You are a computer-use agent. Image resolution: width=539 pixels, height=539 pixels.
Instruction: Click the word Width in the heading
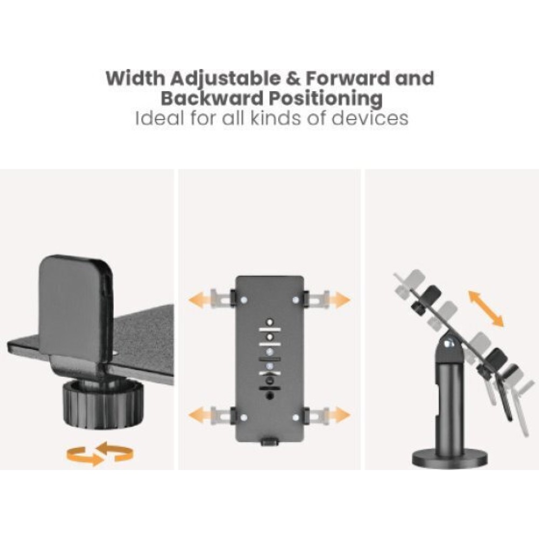pyautogui.click(x=135, y=78)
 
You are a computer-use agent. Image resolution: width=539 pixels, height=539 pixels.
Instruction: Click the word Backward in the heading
pyautogui.click(x=211, y=98)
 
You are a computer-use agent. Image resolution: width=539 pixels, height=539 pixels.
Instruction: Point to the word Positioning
pyautogui.click(x=325, y=99)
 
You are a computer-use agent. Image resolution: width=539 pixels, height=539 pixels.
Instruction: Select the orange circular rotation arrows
pyautogui.click(x=100, y=453)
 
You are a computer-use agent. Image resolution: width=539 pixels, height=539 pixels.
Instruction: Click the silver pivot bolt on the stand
pyautogui.click(x=449, y=343)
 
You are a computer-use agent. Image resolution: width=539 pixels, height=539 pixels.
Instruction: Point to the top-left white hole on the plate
pyautogui.click(x=244, y=300)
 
